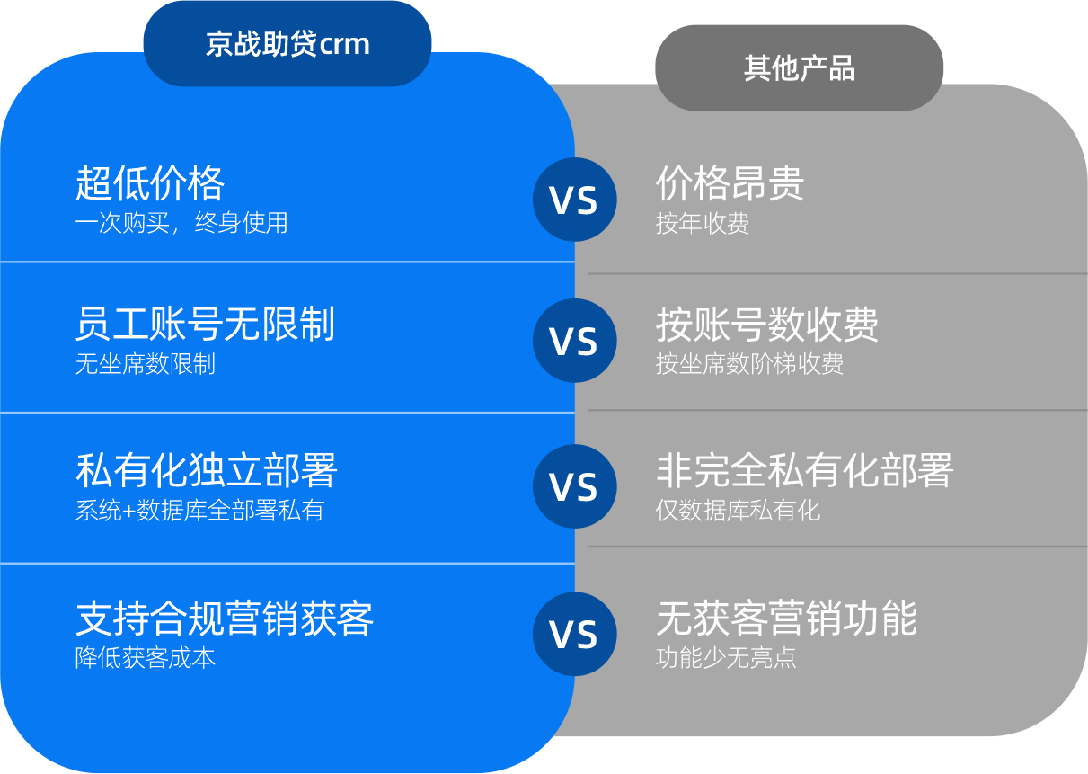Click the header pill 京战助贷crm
[287, 44]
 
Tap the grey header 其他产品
[799, 68]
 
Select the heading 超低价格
[150, 183]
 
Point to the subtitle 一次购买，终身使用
[181, 222]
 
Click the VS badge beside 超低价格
[574, 200]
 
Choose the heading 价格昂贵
[730, 183]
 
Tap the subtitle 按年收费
[703, 223]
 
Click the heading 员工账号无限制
[206, 325]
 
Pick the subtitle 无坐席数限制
[146, 364]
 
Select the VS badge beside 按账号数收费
[574, 341]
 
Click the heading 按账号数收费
[767, 325]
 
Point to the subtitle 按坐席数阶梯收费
[749, 364]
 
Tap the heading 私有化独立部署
[207, 470]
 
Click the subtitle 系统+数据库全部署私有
[199, 511]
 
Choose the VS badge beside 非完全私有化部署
[574, 486]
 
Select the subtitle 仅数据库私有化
[738, 511]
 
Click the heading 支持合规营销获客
[225, 618]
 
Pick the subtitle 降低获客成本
[146, 657]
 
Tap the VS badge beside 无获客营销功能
[574, 635]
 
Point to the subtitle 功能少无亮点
[726, 657]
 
